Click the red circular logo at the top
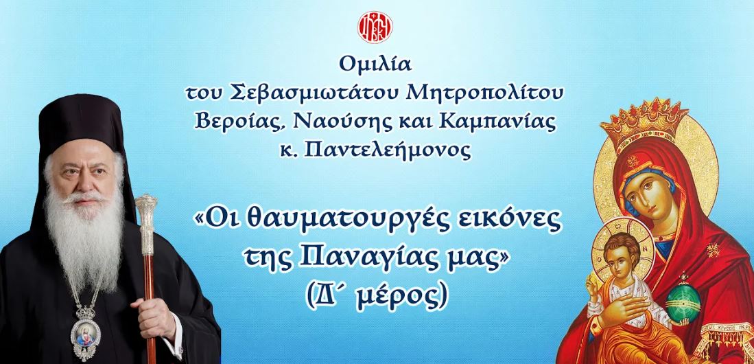tap(375, 27)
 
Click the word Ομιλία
tap(375, 64)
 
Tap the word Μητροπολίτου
tap(484, 93)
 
